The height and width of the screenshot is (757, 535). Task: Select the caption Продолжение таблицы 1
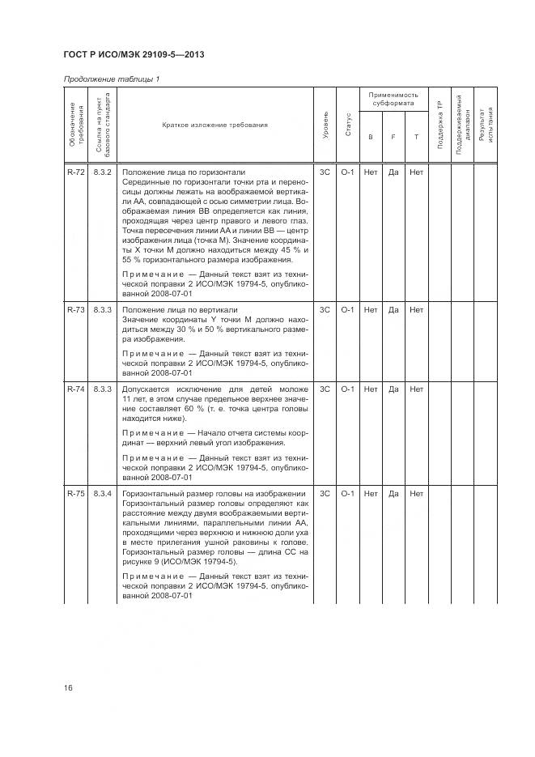[x=111, y=79]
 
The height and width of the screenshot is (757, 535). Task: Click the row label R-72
[x=75, y=172]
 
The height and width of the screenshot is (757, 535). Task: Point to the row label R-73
[x=75, y=310]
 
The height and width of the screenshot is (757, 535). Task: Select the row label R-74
[x=75, y=389]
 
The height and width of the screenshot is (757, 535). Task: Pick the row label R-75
[x=75, y=494]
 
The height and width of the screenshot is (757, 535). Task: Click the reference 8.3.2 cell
[x=102, y=172]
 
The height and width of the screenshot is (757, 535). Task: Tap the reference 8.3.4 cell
[x=102, y=494]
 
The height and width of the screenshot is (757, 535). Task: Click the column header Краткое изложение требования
[x=214, y=125]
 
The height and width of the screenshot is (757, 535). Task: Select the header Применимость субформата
[x=393, y=100]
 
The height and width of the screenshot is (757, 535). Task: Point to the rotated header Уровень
[x=325, y=125]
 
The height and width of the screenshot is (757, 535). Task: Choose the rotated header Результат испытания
[x=485, y=125]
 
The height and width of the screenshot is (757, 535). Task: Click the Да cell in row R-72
[x=393, y=172]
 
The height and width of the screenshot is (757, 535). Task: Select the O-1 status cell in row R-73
[x=348, y=310]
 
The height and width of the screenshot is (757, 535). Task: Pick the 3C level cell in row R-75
[x=325, y=494]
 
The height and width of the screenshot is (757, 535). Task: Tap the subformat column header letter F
[x=393, y=137]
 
